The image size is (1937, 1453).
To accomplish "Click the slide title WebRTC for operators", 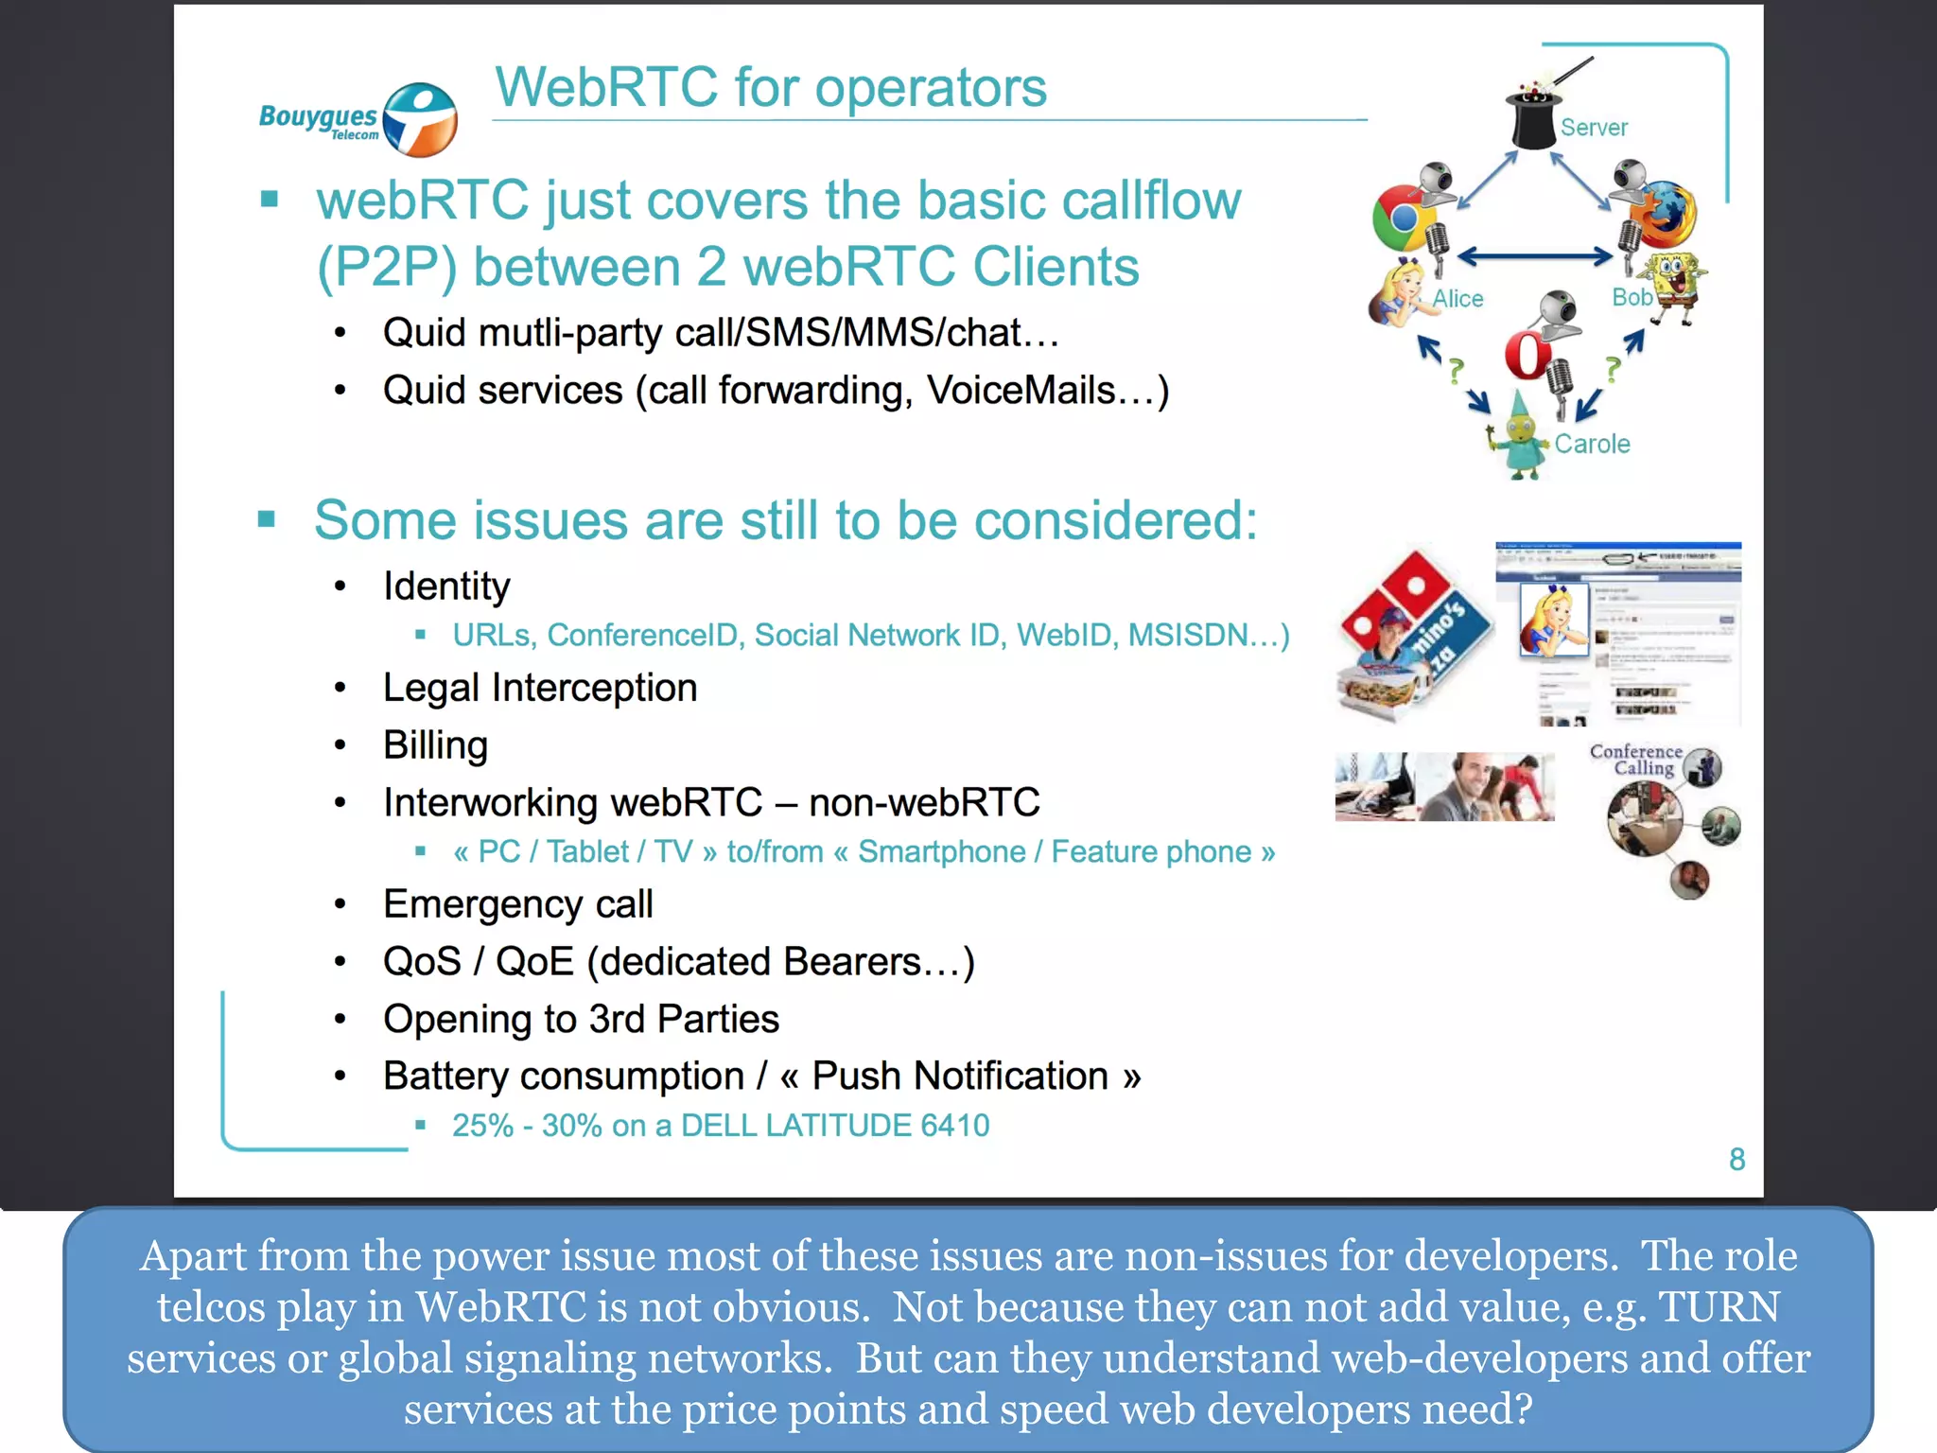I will pyautogui.click(x=771, y=87).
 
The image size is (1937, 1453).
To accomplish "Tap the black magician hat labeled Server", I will pyautogui.click(x=1532, y=118).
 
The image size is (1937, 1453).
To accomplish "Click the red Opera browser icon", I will pyautogui.click(x=1527, y=356).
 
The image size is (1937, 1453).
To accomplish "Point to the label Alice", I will pyautogui.click(x=1457, y=299).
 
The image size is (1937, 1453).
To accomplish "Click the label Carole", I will pyautogui.click(x=1592, y=444).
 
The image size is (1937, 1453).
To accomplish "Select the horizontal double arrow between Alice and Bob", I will pyautogui.click(x=1534, y=255).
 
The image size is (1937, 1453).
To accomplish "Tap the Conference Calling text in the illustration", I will pyautogui.click(x=1636, y=760).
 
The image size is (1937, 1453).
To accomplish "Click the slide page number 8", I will pyautogui.click(x=1736, y=1159).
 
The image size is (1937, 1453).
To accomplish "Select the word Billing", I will pyautogui.click(x=435, y=745).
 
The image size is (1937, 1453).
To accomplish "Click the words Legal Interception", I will pyautogui.click(x=540, y=688).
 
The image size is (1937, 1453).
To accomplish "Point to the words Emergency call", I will pyautogui.click(x=517, y=904).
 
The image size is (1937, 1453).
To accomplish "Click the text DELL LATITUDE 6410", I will pyautogui.click(x=834, y=1126).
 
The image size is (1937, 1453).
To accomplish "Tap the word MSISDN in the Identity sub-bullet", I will pyautogui.click(x=1187, y=635).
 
